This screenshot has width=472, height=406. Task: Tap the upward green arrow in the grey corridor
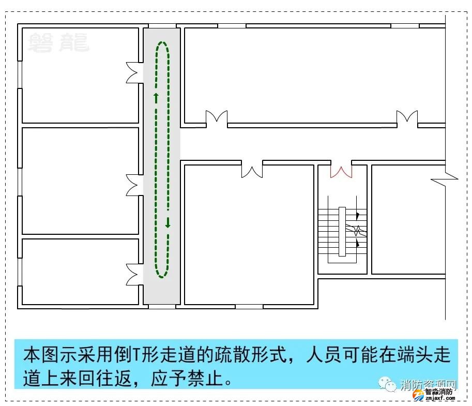pyautogui.click(x=156, y=97)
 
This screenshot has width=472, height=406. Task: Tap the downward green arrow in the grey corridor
pyautogui.click(x=168, y=223)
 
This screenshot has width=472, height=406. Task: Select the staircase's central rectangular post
pyautogui.click(x=342, y=231)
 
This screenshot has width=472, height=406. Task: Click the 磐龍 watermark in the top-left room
pyautogui.click(x=58, y=42)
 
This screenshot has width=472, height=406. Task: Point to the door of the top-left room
pyautogui.click(x=134, y=72)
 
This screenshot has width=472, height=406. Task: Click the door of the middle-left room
pyautogui.click(x=134, y=185)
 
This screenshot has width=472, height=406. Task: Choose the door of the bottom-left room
pyautogui.click(x=134, y=274)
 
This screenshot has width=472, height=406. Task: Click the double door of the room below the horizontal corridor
pyautogui.click(x=252, y=170)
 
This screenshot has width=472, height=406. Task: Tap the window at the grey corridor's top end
pyautogui.click(x=162, y=26)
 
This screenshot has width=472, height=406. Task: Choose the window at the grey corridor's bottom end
pyautogui.click(x=162, y=307)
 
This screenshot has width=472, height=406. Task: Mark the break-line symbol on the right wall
pyautogui.click(x=444, y=179)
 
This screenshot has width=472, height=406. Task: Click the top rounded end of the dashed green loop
pyautogui.click(x=162, y=44)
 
